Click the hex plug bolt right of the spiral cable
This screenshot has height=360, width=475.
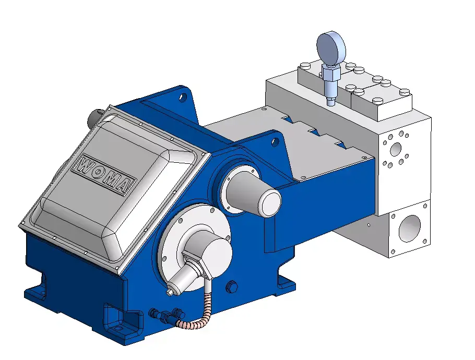[232, 286]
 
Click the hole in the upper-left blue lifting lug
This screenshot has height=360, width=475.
[183, 97]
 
